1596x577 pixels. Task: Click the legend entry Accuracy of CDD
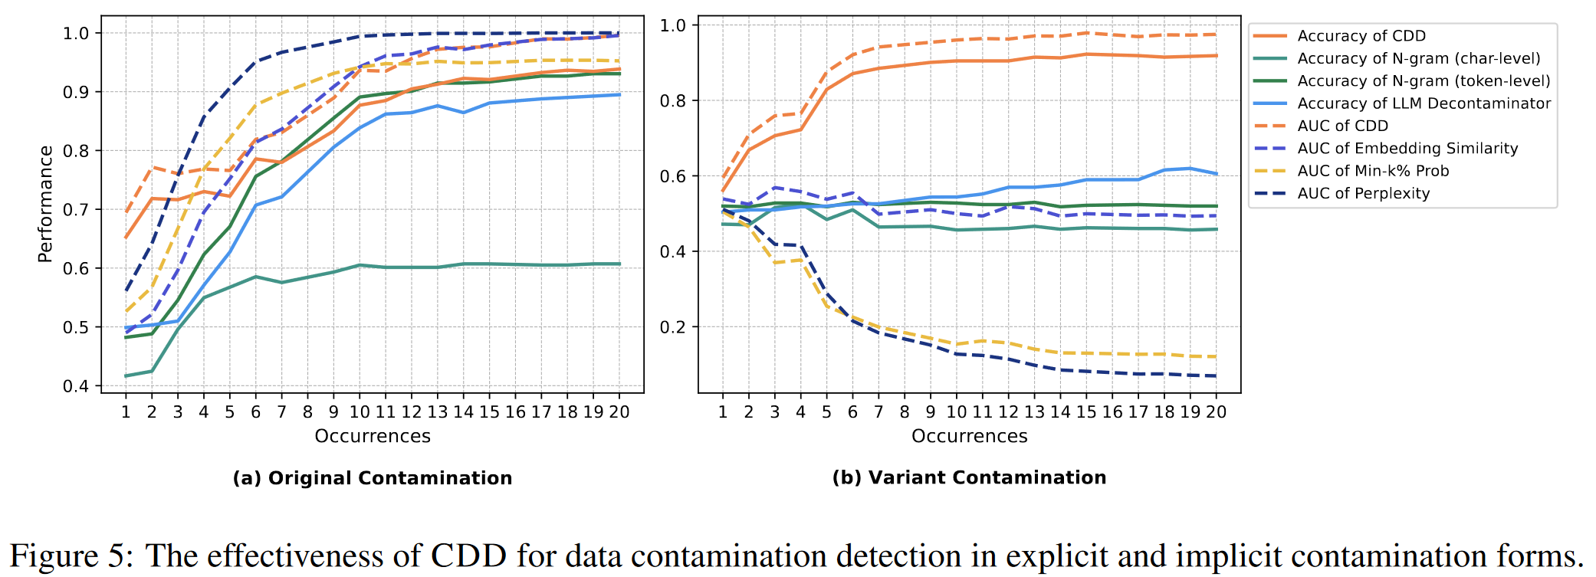(x=1361, y=36)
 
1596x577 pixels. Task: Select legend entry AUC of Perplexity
(x=1363, y=194)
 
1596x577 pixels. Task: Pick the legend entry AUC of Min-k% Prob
(x=1372, y=171)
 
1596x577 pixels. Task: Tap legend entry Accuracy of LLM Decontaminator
(x=1424, y=103)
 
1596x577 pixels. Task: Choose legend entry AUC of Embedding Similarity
(x=1407, y=149)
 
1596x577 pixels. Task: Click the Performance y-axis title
(x=46, y=204)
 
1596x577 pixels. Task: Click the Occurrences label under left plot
(x=373, y=436)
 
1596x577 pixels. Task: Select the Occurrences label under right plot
(x=969, y=436)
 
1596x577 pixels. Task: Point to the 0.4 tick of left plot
(x=76, y=386)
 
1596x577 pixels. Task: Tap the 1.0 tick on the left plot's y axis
(x=76, y=34)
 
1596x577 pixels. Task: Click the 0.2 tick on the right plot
(x=673, y=327)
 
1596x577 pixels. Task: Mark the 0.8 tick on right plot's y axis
(x=673, y=101)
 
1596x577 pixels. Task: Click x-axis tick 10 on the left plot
(x=360, y=412)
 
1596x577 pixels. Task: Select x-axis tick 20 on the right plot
(x=1216, y=412)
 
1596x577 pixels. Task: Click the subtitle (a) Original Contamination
(x=373, y=478)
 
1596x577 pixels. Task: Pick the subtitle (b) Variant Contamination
(x=969, y=477)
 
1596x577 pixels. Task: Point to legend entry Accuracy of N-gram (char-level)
(x=1418, y=59)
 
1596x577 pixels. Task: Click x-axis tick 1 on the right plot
(x=723, y=412)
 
